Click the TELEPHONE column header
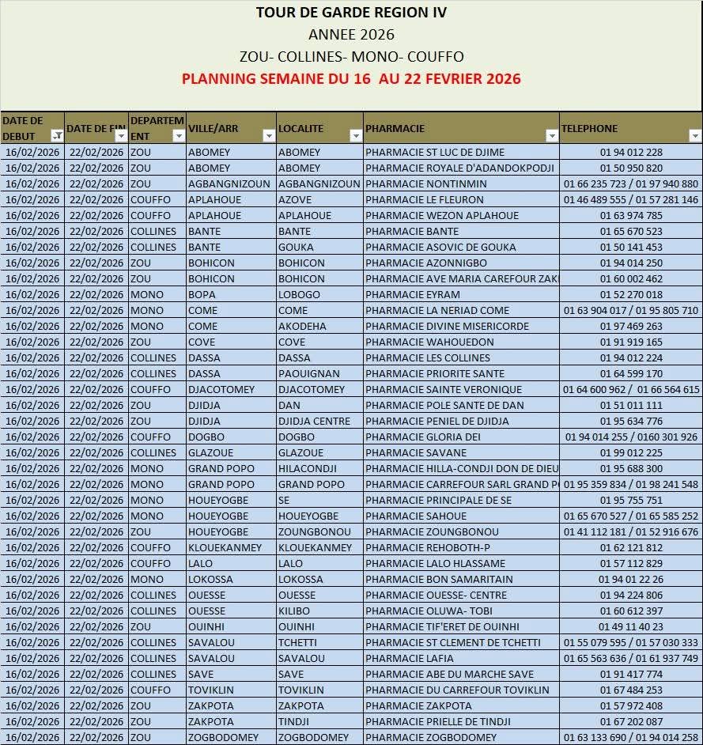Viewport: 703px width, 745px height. pyautogui.click(x=589, y=128)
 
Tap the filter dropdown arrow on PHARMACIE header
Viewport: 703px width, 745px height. pyautogui.click(x=551, y=136)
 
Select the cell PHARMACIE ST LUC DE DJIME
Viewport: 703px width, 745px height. pyautogui.click(x=435, y=152)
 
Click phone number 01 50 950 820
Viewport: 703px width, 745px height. pyautogui.click(x=631, y=168)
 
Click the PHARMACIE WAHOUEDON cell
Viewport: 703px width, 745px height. pyautogui.click(x=429, y=342)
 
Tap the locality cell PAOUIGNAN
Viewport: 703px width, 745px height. pyautogui.click(x=309, y=373)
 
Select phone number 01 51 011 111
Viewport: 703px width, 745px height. pyautogui.click(x=631, y=405)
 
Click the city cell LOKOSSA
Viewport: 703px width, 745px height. pyautogui.click(x=210, y=579)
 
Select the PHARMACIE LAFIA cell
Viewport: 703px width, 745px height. pyautogui.click(x=410, y=658)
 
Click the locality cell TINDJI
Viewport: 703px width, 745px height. pyautogui.click(x=295, y=721)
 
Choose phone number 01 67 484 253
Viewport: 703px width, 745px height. pyautogui.click(x=631, y=690)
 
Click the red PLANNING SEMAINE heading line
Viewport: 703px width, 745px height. pyautogui.click(x=351, y=78)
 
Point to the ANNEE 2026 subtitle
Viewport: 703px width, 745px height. pyautogui.click(x=351, y=34)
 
